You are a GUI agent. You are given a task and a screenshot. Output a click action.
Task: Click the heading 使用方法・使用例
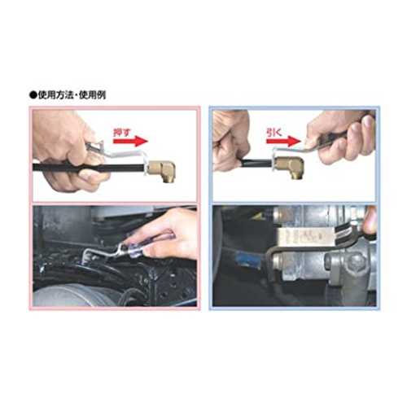72,95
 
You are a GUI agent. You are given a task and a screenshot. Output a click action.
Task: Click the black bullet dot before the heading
33,95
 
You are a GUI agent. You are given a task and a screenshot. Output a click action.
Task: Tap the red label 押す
122,133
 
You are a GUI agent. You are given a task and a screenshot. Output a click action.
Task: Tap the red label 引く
274,133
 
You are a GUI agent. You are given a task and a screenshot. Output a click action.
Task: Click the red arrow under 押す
130,142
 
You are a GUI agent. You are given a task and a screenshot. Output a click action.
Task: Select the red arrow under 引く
284,142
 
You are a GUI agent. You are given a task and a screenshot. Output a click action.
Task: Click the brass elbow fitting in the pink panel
161,170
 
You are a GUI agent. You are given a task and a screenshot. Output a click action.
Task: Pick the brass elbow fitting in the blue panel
290,167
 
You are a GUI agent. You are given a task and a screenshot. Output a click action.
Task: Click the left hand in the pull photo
230,141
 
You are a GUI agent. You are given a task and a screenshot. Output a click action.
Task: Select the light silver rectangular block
304,235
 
